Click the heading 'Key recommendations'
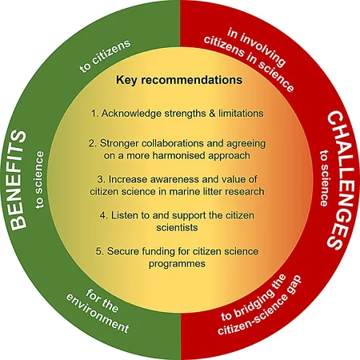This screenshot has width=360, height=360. [x=179, y=80]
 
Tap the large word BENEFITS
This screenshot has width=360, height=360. [x=18, y=180]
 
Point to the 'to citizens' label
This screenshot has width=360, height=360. [x=106, y=56]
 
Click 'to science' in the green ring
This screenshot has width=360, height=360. [x=39, y=180]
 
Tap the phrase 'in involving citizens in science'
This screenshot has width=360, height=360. [x=250, y=60]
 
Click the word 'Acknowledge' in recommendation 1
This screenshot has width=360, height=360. [x=131, y=114]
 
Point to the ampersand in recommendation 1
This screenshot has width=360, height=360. [x=212, y=114]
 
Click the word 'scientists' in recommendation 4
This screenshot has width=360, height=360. [x=177, y=227]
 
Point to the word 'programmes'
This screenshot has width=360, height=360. [x=177, y=264]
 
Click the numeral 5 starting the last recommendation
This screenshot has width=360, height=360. [x=98, y=251]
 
